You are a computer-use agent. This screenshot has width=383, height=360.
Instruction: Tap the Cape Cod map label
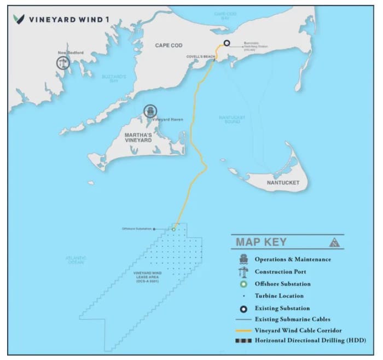(169, 45)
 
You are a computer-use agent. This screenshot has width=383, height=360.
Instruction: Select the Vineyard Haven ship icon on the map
(149, 112)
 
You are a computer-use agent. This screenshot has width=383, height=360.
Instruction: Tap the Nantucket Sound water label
(232, 119)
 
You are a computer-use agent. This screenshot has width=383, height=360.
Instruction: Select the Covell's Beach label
(201, 56)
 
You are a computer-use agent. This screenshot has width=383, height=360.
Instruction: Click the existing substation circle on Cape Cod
(226, 43)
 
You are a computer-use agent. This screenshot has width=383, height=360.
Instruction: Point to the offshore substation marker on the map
(173, 229)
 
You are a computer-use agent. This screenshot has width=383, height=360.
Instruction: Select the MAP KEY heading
(261, 242)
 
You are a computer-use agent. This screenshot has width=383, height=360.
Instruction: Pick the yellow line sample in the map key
(243, 330)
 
